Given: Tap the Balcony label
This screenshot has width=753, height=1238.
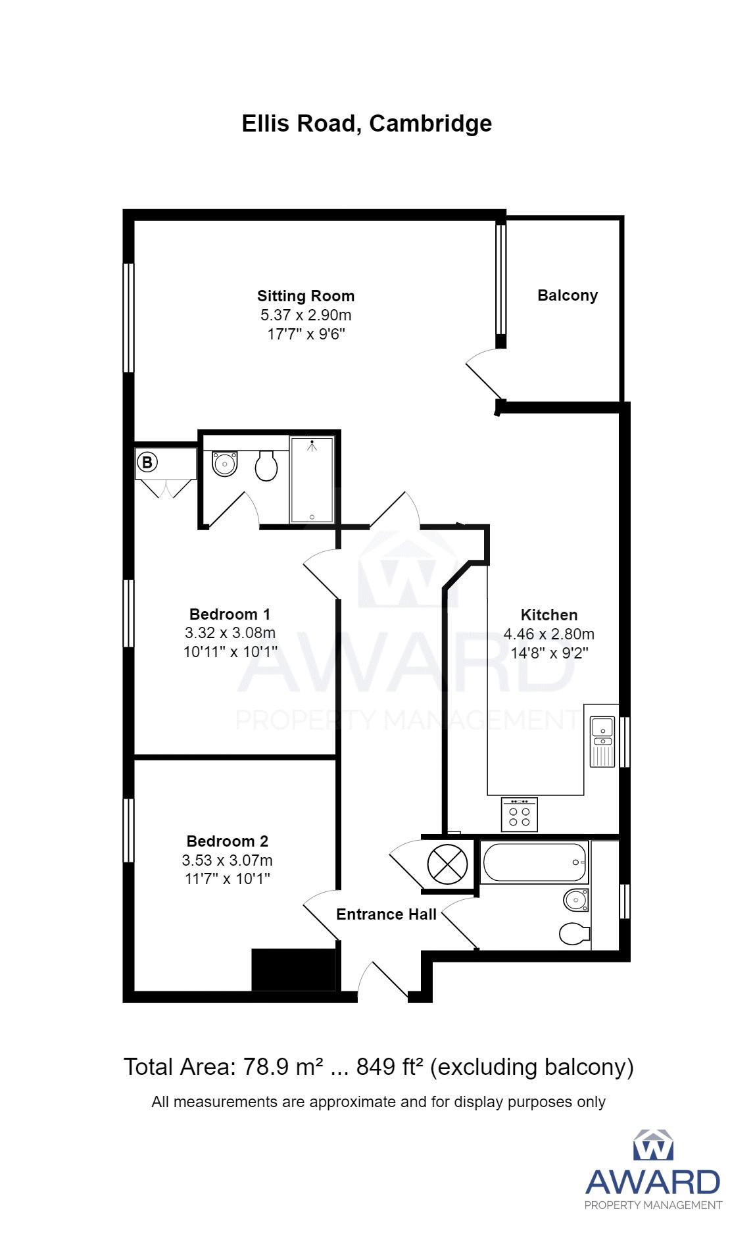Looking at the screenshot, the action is point(568,295).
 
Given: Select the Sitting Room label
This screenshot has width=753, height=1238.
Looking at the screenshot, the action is point(306,296).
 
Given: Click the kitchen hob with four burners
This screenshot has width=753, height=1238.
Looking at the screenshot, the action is point(520,814).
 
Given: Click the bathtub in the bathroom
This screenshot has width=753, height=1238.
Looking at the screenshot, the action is point(535,862).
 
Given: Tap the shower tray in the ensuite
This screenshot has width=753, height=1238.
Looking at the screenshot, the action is point(312,480).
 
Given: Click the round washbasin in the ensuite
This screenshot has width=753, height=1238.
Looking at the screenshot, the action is point(225,464).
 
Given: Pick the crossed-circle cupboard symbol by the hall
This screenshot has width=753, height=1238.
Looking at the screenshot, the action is point(448,864).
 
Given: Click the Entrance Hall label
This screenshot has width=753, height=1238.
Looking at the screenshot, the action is point(386,914).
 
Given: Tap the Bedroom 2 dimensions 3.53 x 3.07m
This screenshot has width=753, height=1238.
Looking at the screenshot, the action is point(228,860).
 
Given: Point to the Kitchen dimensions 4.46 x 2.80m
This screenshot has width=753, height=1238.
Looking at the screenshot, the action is point(549,634).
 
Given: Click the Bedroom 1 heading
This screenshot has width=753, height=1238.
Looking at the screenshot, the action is point(230,614).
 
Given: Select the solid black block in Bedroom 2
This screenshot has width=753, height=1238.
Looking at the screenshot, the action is point(294,970).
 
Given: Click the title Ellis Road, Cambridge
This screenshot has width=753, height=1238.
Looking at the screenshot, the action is point(367,124).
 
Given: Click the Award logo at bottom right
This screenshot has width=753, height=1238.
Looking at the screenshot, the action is point(653,1169).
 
